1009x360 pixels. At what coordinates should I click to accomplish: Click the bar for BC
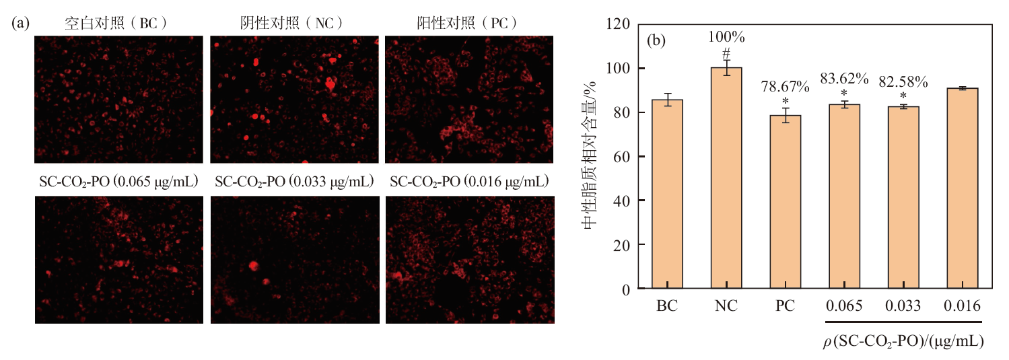coord(667,194)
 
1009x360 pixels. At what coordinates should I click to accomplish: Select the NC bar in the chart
coord(726,178)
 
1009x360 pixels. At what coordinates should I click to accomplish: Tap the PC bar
coord(785,202)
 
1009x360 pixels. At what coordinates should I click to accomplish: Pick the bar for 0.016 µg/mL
coord(962,188)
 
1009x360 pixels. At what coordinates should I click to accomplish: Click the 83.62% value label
coord(844,79)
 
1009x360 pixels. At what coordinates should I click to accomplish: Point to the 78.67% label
coord(785,87)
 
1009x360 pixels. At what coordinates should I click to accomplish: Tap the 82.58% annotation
coord(903,82)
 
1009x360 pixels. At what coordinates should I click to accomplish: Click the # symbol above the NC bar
coord(726,54)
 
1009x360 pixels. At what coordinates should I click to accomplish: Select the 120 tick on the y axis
coord(617,24)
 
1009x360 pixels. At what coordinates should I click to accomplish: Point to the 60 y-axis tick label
coord(621,157)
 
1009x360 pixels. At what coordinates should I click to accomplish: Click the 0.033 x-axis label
coord(903,306)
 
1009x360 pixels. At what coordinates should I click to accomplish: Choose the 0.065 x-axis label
coord(844,306)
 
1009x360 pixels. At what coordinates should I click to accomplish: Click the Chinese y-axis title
coord(590,155)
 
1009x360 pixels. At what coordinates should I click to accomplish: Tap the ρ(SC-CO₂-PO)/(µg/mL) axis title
coord(903,342)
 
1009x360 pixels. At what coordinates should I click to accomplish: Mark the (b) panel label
coord(656,40)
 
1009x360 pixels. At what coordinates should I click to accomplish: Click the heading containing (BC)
coord(116,23)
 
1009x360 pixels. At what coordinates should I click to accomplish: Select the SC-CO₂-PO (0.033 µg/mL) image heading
coord(294,182)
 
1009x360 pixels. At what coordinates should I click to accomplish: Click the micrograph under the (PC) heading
coord(469,100)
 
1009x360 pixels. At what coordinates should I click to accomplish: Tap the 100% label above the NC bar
coord(726,37)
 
